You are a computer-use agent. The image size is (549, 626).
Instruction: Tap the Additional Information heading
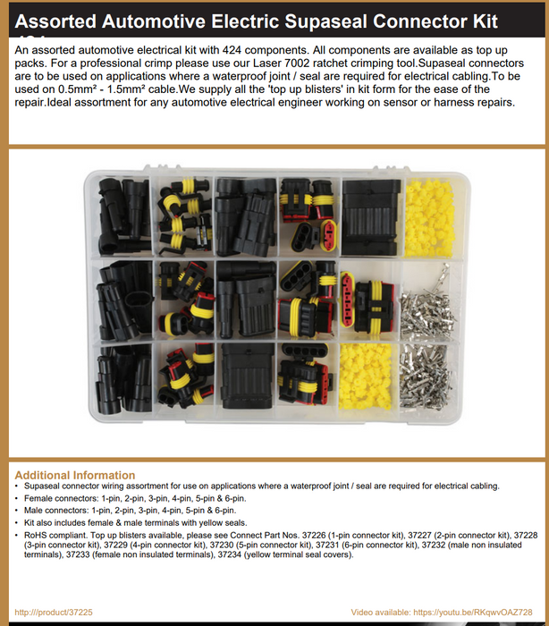pos(75,475)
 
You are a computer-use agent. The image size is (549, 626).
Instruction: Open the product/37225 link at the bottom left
pos(54,612)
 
